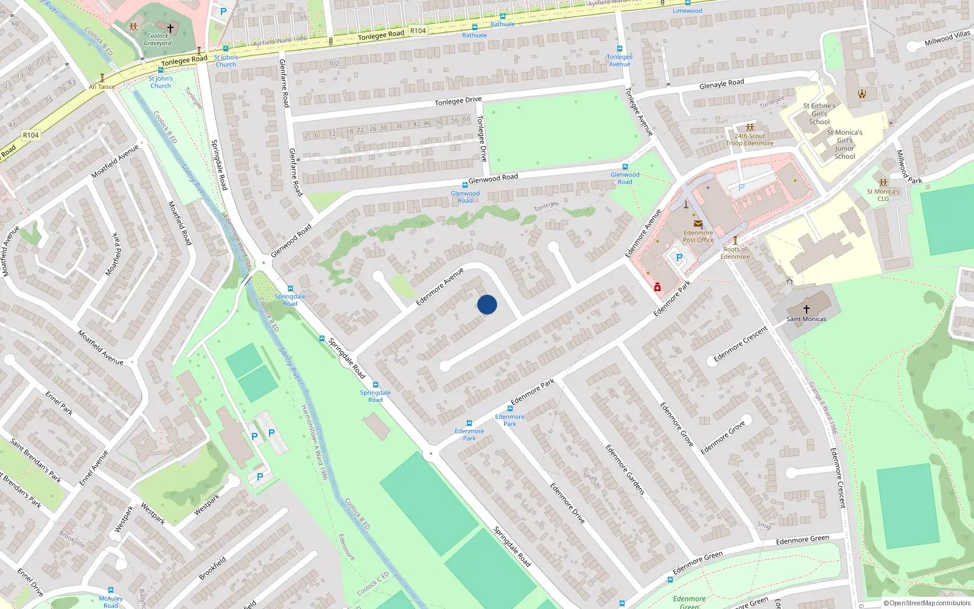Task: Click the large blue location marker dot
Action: coord(487,304)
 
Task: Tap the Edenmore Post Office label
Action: coord(698,236)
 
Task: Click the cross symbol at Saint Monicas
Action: coord(807,309)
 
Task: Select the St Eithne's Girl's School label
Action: coord(819,114)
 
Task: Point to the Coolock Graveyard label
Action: coord(158,40)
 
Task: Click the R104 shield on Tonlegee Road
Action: coord(418,30)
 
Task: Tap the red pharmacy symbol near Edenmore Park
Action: coord(657,287)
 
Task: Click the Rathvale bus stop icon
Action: coord(475,27)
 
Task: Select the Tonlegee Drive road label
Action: coord(458,101)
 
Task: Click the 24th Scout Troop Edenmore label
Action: coord(749,139)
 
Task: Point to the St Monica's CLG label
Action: coord(883,195)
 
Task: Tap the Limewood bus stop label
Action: coord(687,11)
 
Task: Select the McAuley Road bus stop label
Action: coord(111,602)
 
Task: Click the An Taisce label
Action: coord(102,86)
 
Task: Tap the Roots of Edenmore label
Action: coord(735,253)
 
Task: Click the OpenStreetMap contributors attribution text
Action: coord(927,603)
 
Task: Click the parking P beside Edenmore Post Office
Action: coord(679,258)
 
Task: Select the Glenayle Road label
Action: coord(721,84)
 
